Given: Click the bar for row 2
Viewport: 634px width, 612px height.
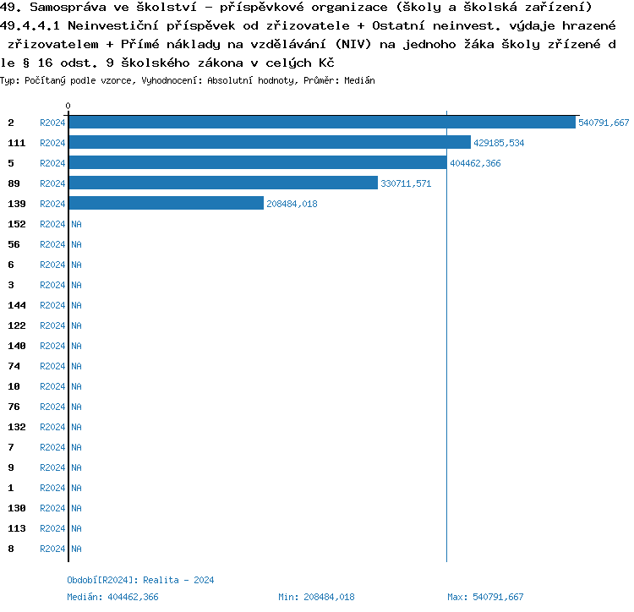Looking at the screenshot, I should [321, 123].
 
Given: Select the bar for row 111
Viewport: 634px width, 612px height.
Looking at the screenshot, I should [269, 143].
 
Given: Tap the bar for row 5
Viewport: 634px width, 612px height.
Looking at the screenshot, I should [257, 163].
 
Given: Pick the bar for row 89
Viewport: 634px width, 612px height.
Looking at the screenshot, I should [222, 183].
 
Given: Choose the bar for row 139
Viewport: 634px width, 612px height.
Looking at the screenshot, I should [166, 204].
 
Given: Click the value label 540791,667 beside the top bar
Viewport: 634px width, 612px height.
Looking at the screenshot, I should [604, 123].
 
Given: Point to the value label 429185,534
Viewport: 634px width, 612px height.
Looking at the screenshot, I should [499, 143].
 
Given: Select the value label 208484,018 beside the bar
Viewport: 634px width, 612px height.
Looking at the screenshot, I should [292, 204].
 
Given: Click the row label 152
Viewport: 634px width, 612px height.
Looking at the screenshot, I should [17, 224].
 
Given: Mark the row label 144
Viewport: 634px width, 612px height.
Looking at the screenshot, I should [17, 305].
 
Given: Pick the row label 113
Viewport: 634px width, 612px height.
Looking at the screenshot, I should [17, 528].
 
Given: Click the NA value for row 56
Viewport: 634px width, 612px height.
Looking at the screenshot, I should [76, 244].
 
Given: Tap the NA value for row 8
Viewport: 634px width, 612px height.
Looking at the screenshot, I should [76, 549].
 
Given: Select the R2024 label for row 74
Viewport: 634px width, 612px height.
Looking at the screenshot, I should [52, 366].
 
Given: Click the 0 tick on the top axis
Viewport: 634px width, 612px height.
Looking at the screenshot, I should [68, 106].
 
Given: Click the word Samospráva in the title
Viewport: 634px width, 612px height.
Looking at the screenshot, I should [65, 8].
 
